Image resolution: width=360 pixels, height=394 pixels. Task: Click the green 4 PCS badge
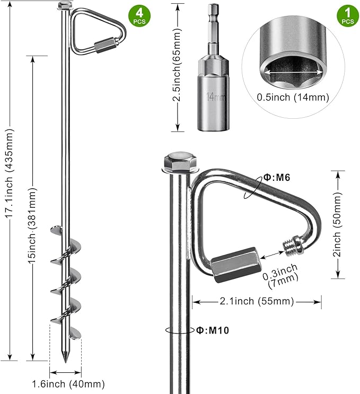click(x=139, y=15)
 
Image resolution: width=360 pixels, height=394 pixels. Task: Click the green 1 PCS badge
click(x=347, y=15)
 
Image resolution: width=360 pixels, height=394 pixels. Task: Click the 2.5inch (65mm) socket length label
click(x=179, y=67)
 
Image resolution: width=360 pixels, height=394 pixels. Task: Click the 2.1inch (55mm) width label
click(x=257, y=302)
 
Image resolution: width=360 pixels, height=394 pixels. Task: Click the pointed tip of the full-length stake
click(x=65, y=358)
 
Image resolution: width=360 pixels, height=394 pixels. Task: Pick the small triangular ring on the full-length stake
click(x=99, y=32)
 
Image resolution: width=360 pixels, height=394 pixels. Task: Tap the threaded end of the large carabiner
click(x=292, y=244)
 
